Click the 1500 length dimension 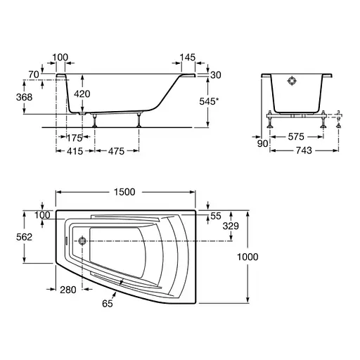pyautogui.click(x=124, y=192)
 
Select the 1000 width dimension pyautogui.click(x=247, y=257)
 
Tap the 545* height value pyautogui.click(x=209, y=101)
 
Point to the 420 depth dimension pyautogui.click(x=82, y=94)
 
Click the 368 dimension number pyautogui.click(x=24, y=97)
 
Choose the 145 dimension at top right pyautogui.click(x=188, y=57)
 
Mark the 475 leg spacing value pyautogui.click(x=116, y=151)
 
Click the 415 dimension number pyautogui.click(x=75, y=151)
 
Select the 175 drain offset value pyautogui.click(x=75, y=138)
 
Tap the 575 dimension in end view pyautogui.click(x=296, y=136)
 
